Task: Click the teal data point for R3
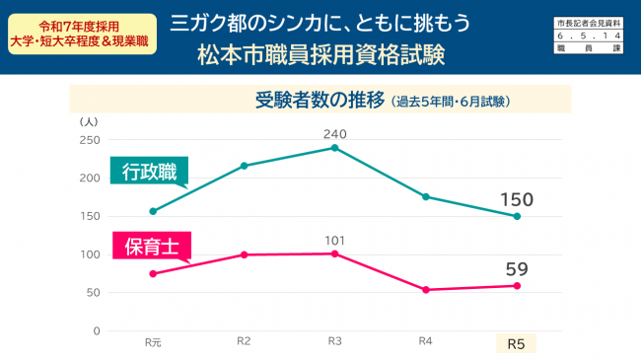tap(335, 148)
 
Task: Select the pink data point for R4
tap(425, 290)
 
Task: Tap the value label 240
tap(335, 132)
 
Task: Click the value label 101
tap(335, 239)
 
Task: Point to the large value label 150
tap(516, 200)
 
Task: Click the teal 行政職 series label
tap(149, 172)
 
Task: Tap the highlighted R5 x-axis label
tap(516, 344)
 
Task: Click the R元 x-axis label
tap(153, 343)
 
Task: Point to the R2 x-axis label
tap(244, 342)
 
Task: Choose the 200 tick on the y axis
tap(90, 179)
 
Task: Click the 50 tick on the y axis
tap(93, 293)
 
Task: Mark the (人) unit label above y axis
tap(89, 121)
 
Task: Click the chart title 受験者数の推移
tap(320, 100)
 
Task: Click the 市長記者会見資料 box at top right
tap(589, 21)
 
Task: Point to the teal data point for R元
tap(153, 211)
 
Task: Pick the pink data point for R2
tap(244, 254)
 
